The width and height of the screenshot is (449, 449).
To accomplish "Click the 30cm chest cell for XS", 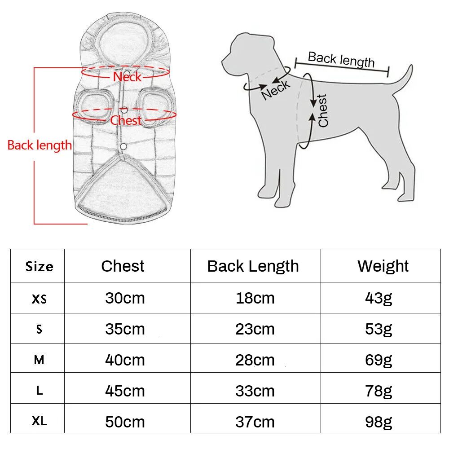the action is tap(125, 298).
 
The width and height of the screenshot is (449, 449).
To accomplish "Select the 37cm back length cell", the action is tap(255, 422).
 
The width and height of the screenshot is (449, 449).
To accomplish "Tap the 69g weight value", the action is tap(379, 360).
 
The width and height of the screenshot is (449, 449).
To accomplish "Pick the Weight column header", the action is tap(383, 266).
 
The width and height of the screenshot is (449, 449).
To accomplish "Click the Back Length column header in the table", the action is tap(253, 266).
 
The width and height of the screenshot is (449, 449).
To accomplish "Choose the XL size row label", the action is tap(39, 421).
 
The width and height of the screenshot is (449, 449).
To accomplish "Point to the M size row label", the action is tap(39, 360).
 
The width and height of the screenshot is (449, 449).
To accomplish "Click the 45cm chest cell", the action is tap(125, 391).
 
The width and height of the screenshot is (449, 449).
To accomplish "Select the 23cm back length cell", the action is tap(255, 329).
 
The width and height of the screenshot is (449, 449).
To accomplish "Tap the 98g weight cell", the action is tap(379, 422).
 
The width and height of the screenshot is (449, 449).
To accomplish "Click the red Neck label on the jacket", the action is tap(127, 77).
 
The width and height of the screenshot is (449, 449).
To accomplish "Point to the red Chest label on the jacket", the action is tap(126, 120).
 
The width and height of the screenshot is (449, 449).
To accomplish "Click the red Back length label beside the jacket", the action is tap(40, 145).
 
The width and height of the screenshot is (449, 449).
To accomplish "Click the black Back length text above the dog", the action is tap(341, 59).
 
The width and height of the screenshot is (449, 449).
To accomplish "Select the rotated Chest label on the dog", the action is tap(323, 110).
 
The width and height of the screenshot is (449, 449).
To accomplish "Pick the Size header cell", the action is tap(39, 266).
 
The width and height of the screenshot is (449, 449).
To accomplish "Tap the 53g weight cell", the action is tap(379, 329).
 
